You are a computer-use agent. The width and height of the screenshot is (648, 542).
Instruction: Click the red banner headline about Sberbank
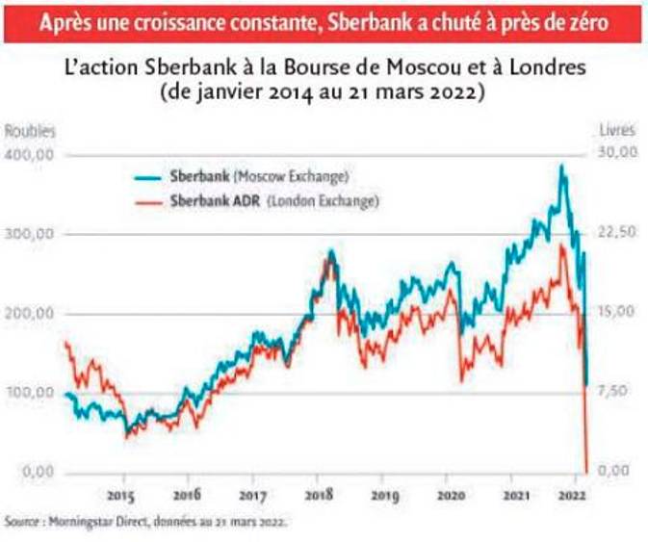pos(324,21)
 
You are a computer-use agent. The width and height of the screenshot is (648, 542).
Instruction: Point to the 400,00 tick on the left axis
pos(31,155)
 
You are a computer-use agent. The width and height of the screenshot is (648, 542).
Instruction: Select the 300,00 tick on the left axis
pos(31,235)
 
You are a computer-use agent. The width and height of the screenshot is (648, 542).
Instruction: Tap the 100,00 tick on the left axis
pos(31,393)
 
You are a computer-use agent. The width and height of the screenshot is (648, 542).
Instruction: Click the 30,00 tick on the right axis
pos(618,153)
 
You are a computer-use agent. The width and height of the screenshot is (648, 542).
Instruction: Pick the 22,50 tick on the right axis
pos(618,233)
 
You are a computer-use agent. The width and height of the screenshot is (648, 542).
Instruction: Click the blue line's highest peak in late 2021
pos(561,167)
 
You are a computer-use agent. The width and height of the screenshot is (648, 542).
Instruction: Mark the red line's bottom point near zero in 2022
pos(585,470)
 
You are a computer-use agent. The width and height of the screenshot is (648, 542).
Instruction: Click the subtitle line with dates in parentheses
pos(324,93)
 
